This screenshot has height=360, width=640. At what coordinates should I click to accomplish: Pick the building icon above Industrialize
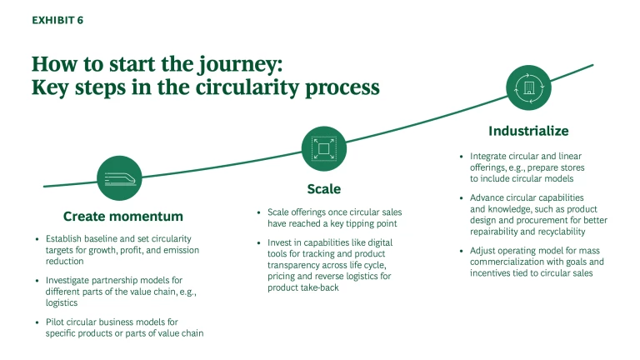click(x=529, y=87)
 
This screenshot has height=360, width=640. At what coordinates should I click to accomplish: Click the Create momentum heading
click(x=122, y=217)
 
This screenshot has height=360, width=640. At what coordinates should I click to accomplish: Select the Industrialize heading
click(x=528, y=131)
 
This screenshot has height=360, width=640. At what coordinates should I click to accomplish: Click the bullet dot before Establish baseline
click(x=37, y=239)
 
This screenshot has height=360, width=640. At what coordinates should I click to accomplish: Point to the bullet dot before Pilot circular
click(x=37, y=322)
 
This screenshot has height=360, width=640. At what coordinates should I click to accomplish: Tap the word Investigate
click(x=72, y=280)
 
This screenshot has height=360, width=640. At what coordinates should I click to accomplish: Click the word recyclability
click(x=578, y=232)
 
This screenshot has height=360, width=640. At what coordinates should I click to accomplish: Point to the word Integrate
click(x=490, y=156)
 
